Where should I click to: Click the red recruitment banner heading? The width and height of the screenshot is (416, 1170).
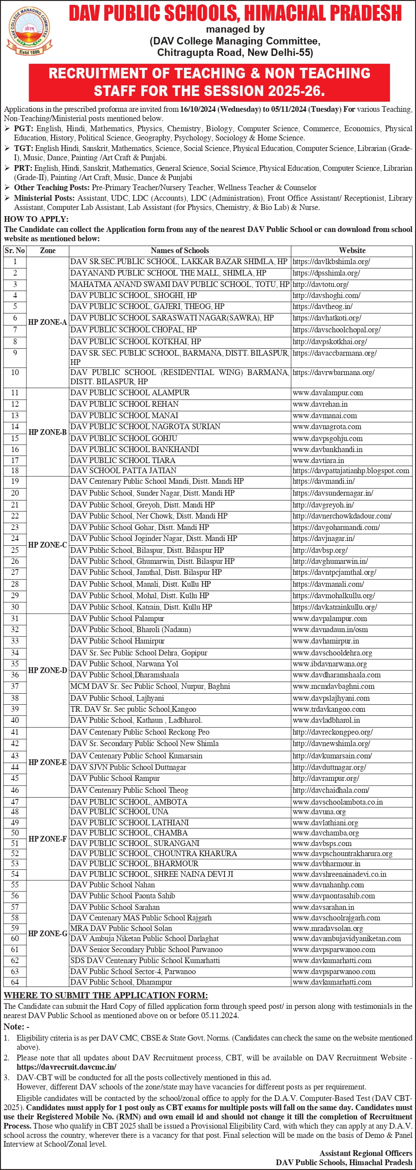click(210, 82)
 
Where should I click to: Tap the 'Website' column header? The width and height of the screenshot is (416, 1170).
click(352, 250)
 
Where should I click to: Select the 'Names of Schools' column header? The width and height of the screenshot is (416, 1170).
click(180, 250)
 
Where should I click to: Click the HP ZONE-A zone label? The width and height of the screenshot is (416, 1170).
click(47, 322)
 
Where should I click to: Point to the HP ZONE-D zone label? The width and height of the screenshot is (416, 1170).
click(47, 670)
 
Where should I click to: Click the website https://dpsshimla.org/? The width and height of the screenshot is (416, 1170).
click(326, 273)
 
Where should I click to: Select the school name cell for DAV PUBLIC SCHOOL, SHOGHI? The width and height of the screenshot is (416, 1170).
click(133, 295)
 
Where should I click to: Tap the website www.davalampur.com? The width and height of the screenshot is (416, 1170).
click(328, 393)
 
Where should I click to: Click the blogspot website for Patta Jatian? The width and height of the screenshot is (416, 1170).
click(350, 471)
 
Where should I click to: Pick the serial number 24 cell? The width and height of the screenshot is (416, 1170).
click(15, 538)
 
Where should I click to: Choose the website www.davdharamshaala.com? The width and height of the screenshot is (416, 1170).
click(336, 675)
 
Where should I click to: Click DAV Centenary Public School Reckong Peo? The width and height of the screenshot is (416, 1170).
click(140, 732)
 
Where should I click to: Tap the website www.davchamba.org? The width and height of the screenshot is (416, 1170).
click(326, 833)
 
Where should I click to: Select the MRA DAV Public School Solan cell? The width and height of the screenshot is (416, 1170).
click(121, 928)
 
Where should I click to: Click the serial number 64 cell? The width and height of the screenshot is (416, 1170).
click(15, 982)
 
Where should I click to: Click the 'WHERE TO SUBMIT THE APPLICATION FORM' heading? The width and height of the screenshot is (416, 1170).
click(106, 995)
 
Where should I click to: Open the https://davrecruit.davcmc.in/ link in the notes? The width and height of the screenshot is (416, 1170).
click(66, 1067)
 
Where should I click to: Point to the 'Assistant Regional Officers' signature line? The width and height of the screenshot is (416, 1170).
click(365, 1153)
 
